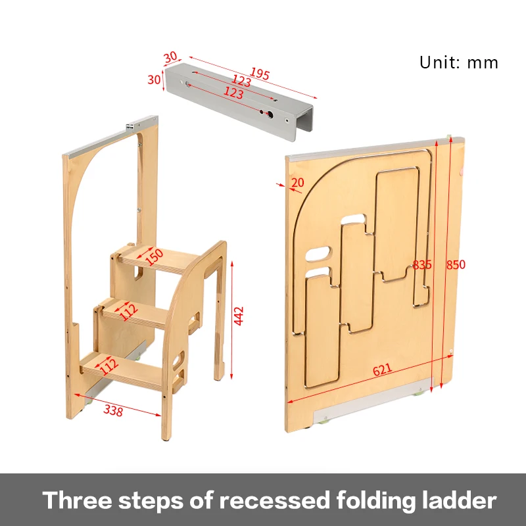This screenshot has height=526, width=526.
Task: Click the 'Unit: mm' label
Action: click(459, 63)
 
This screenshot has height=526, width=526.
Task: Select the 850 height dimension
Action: click(455, 265)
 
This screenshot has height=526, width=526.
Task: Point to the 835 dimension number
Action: click(422, 265)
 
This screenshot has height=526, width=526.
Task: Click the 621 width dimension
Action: click(383, 370)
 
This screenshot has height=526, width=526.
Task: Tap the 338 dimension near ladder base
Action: click(113, 410)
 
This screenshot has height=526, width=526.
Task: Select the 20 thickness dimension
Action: click(298, 182)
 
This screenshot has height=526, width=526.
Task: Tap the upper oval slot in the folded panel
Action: click(319, 252)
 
